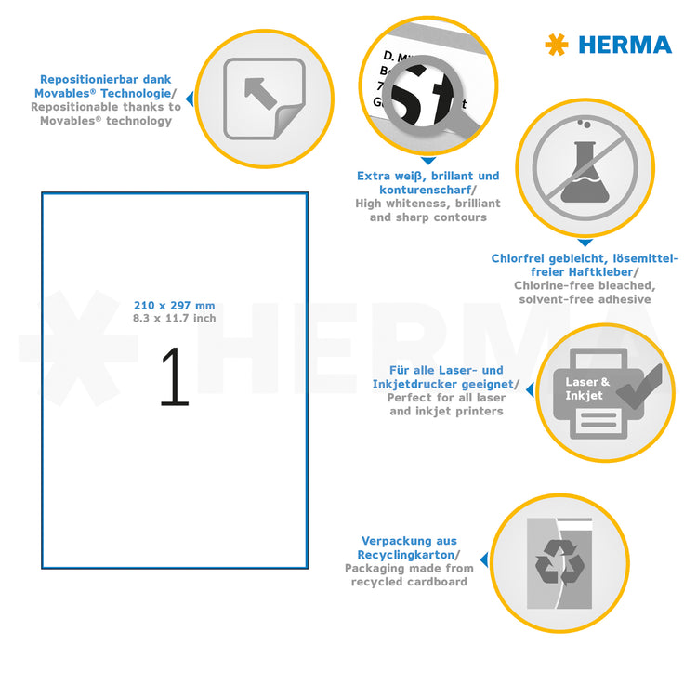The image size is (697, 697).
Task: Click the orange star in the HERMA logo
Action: pos(556,44)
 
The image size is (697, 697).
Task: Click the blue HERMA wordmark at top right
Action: pos(625,45)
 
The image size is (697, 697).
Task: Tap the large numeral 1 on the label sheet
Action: pos(174,377)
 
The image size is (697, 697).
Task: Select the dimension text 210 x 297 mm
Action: pos(174,306)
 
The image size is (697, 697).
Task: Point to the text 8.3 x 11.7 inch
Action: pos(174,319)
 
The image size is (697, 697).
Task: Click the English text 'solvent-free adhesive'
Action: pos(585,299)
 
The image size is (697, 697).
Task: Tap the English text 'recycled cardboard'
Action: pos(409,582)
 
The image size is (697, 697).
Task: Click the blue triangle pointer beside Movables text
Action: pos(189,97)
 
